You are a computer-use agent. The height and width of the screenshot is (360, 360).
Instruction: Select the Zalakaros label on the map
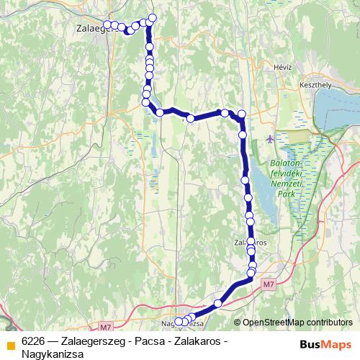point(251,243)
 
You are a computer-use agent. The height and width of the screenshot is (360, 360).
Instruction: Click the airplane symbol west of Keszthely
point(270,138)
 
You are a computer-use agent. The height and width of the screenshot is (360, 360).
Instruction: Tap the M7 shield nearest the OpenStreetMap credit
point(268,285)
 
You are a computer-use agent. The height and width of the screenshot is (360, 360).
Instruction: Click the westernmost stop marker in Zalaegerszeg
point(107,24)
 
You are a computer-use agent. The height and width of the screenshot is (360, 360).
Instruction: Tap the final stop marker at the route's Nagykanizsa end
point(179,322)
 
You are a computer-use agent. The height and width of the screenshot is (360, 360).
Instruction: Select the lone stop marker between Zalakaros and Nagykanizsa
point(218,302)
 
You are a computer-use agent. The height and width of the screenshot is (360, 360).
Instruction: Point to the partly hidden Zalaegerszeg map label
point(91,30)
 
